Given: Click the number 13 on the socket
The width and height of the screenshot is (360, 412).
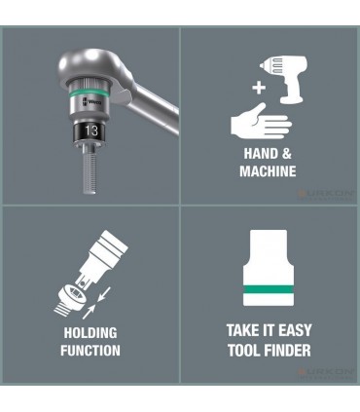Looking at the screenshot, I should (x=91, y=130).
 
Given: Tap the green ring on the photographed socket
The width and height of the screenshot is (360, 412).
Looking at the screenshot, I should (x=89, y=109).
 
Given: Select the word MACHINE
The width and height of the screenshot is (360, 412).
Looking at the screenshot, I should (x=268, y=172).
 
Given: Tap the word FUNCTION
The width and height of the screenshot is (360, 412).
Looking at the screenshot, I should (x=90, y=351).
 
